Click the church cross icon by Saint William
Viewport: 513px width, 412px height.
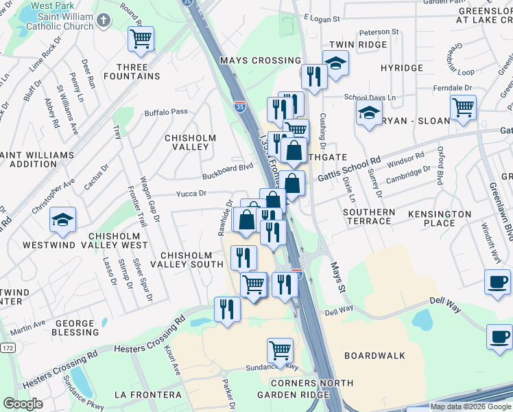pos(104,20)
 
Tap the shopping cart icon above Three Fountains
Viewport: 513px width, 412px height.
pos(141,40)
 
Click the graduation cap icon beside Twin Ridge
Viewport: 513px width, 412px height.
pos(335,64)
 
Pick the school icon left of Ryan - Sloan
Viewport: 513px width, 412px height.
pos(369,113)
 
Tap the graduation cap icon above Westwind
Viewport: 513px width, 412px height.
pos(63,220)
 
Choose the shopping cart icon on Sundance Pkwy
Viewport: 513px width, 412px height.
pos(280,351)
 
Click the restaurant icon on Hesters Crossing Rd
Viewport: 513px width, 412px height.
pos(228,309)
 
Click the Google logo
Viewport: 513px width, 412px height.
pos(23,404)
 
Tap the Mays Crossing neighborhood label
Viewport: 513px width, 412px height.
pos(260,60)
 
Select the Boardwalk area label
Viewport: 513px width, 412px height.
pos(374,356)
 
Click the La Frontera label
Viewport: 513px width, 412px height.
pos(148,395)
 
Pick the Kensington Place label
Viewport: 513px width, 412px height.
pos(440,218)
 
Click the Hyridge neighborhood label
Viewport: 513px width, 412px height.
pos(401,69)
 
